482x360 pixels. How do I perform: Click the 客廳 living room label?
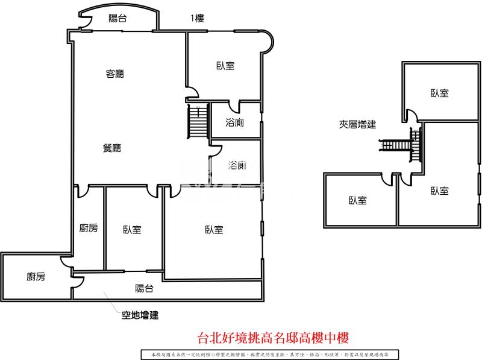tap(114, 74)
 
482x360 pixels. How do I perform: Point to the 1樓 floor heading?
tap(197, 19)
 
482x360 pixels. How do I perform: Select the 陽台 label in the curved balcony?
tap(117, 19)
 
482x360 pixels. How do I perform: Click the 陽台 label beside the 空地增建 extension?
tap(144, 289)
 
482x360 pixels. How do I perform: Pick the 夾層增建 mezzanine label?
tap(357, 125)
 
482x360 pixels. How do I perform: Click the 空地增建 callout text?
tap(140, 315)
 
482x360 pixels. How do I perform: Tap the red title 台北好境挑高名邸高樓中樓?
tap(274, 338)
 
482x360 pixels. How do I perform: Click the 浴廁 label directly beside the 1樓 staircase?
tap(234, 123)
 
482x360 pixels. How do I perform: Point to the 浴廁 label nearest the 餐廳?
tap(237, 165)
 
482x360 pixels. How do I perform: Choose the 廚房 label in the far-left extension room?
tap(36, 277)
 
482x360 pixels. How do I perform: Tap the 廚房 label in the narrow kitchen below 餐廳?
tap(89, 228)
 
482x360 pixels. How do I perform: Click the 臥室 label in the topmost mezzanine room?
tap(439, 93)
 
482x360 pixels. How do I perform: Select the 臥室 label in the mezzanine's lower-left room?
tap(358, 200)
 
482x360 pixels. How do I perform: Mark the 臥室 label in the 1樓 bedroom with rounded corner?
tap(225, 66)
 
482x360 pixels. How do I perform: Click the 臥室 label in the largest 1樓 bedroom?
tap(214, 230)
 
